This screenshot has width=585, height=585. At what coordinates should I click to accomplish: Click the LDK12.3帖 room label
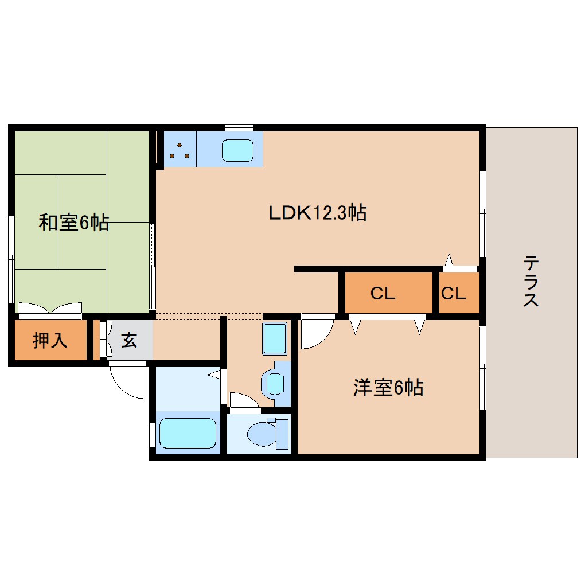coord(318,213)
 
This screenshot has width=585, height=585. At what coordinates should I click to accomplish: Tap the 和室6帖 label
coord(73,223)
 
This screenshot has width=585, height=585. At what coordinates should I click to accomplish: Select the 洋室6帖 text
coord(388,388)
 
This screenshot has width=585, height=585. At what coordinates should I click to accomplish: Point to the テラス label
coord(531,282)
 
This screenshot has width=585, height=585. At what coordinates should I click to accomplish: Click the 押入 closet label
coord(50,341)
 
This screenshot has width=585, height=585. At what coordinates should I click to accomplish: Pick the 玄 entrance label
coord(129,341)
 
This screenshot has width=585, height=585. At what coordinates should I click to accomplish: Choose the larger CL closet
coord(383,294)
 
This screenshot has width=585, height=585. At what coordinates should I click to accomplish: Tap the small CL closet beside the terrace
coord(453,294)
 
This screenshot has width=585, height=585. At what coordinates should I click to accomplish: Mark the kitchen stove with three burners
coord(180,150)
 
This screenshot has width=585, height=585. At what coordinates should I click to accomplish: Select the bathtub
coord(186,433)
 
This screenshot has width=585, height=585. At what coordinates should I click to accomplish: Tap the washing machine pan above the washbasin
coord(274,338)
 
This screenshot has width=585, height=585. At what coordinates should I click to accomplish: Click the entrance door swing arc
coord(128,383)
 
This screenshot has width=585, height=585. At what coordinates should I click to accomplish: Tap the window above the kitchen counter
coord(239,127)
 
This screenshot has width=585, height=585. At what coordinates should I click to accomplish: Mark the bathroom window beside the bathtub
coord(151,434)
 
